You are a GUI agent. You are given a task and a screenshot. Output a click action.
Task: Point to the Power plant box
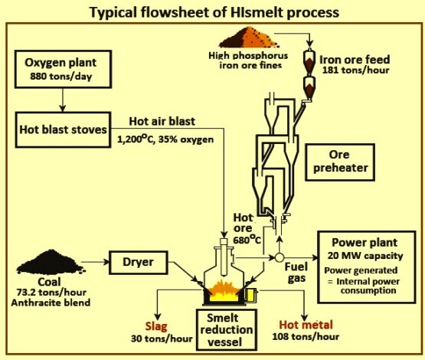click(x=367, y=260)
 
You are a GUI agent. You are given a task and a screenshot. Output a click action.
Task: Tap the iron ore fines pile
click(x=246, y=38)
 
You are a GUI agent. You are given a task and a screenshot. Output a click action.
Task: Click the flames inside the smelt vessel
click(x=227, y=290)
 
